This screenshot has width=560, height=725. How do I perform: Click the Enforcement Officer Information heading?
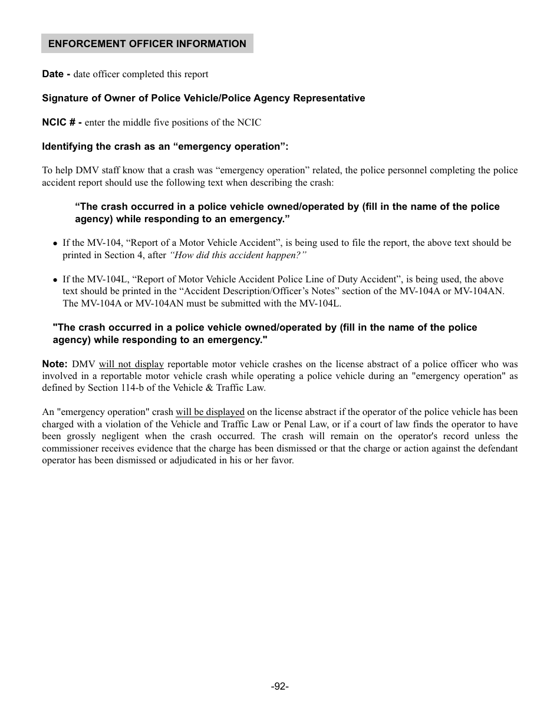(147, 44)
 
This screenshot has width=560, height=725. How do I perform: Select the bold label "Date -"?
(56, 74)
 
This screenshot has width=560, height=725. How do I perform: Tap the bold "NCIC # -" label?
(61, 122)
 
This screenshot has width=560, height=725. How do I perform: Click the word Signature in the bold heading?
(65, 98)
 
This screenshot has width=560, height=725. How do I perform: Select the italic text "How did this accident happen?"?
(238, 255)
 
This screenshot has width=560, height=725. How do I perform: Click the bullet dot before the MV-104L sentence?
(55, 280)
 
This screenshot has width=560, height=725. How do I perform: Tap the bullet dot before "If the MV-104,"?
(55, 243)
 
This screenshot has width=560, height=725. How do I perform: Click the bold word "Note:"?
(55, 364)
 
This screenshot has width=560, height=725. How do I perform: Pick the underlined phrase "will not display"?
(131, 364)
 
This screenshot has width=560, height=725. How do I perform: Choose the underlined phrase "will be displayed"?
(210, 412)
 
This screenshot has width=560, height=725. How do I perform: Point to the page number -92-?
(279, 687)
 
